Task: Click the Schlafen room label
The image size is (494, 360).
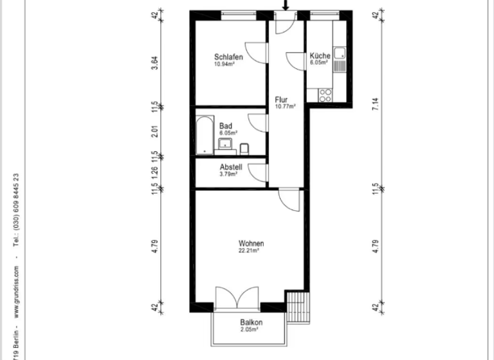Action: point(228,57)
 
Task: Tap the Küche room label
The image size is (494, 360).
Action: point(320,56)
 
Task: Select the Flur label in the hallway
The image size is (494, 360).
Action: point(281,100)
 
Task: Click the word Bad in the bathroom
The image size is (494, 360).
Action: point(225,126)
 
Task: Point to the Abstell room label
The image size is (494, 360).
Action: point(230,166)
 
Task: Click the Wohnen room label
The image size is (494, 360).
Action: point(251,244)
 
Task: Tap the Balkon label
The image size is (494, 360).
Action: point(251,322)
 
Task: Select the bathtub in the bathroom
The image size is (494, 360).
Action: point(205,135)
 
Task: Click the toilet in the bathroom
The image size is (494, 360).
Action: point(244,150)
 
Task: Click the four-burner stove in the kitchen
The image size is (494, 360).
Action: point(325,95)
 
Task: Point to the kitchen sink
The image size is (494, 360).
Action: point(339,54)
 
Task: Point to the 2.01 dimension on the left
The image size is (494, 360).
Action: point(154,132)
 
